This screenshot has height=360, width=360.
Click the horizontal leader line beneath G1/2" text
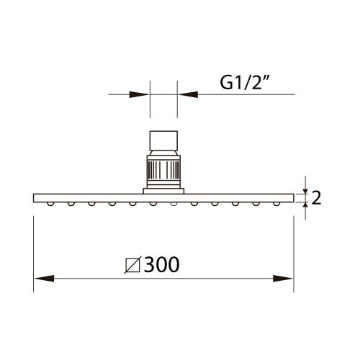click(x=238, y=93)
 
